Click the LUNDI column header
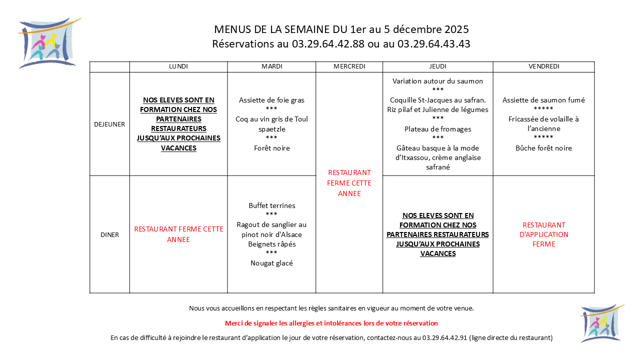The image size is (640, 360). coord(178,66)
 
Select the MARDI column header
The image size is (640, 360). coord(271,66)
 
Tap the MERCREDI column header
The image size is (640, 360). coord(349,66)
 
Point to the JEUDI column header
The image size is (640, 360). coord(437,66)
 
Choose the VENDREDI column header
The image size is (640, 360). coord(543,66)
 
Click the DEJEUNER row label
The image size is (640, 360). coord(109,124)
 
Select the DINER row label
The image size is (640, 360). coord(109,234)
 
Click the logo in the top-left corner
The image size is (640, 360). coord(48,43)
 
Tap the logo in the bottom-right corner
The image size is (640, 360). coord(601,323)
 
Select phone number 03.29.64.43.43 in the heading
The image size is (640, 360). coord(433,44)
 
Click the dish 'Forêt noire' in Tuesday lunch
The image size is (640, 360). coord(271,148)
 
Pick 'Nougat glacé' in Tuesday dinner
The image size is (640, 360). coord(271,263)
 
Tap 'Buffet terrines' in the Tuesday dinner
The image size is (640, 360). coord(271,205)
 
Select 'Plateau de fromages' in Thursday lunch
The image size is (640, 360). coord(437,129)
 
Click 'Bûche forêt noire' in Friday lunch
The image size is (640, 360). coord(543,148)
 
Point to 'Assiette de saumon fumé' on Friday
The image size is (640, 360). coord(543,100)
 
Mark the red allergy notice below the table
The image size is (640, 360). coord(331,323)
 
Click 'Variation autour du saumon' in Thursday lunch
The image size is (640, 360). coord(437,81)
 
